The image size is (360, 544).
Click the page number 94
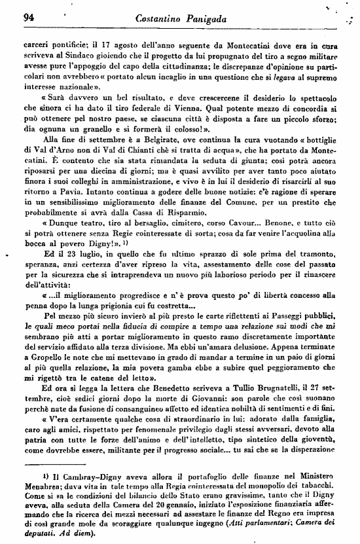[x=28, y=18]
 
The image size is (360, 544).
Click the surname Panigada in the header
[x=206, y=20]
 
